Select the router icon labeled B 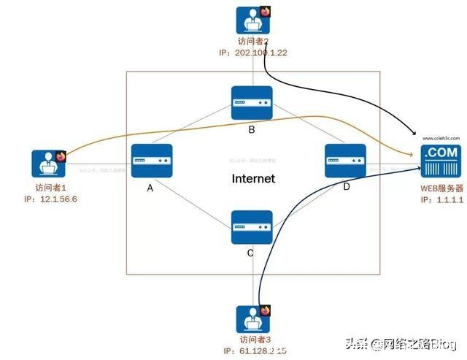[252, 104]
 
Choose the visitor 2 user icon [253, 21]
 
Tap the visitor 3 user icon [252, 319]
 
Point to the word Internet [252, 178]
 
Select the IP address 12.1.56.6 [50, 199]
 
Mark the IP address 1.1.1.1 [441, 199]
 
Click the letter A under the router [150, 188]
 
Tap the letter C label [251, 253]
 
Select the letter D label [347, 188]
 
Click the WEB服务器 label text [441, 188]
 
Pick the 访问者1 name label [42, 188]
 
